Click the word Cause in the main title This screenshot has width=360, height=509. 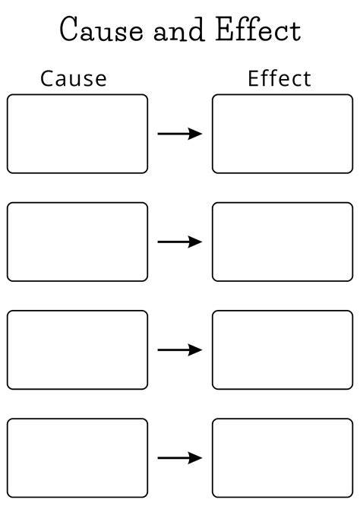click(x=101, y=29)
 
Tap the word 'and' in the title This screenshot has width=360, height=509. click(x=179, y=30)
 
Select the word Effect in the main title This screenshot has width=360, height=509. click(x=258, y=29)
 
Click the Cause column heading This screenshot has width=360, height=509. click(x=74, y=78)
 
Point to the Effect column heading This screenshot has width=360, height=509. click(x=279, y=78)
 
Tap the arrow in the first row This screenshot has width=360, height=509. click(x=180, y=134)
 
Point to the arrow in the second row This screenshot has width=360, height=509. click(x=180, y=242)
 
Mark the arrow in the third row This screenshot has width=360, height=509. click(x=180, y=350)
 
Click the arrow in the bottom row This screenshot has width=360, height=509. click(x=180, y=458)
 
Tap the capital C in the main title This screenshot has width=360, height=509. click(x=68, y=29)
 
